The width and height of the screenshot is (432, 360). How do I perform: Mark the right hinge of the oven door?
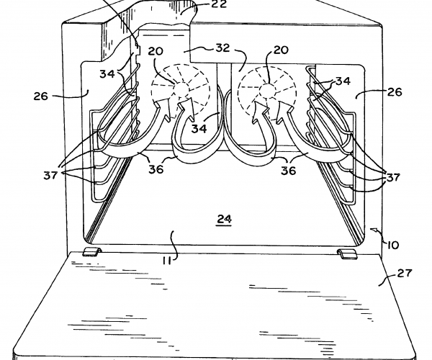346,251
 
